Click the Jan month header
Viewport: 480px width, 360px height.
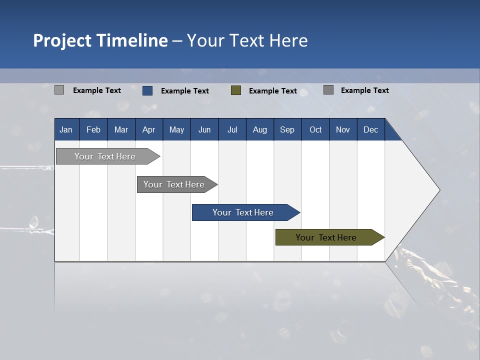[66, 129]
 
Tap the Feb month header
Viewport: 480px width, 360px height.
[93, 129]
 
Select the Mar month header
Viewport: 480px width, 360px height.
[121, 129]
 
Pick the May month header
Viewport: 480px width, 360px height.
[176, 129]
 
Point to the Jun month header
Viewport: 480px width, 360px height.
[204, 129]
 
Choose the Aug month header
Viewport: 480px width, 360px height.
[260, 129]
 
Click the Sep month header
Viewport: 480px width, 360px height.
[287, 129]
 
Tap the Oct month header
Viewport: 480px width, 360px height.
[315, 129]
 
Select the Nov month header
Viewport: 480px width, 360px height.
[343, 129]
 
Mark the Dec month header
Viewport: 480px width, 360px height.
[371, 129]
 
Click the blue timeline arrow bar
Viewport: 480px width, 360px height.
[243, 212]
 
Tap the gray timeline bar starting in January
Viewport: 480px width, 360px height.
[105, 156]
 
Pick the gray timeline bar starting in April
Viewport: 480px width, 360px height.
[174, 184]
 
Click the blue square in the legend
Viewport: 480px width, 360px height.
[147, 90]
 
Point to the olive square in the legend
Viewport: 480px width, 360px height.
[236, 90]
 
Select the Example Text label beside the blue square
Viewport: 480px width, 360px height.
[185, 91]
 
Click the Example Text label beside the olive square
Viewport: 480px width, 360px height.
[273, 91]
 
